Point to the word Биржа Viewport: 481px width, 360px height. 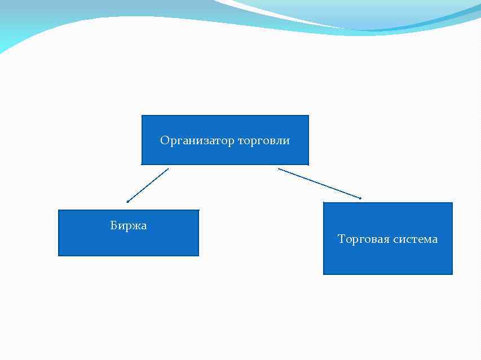(x=129, y=226)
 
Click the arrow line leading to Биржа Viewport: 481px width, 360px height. (x=148, y=185)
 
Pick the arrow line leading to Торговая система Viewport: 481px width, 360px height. (x=320, y=183)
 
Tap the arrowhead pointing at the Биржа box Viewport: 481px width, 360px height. (x=127, y=202)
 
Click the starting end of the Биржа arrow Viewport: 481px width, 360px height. (x=168, y=168)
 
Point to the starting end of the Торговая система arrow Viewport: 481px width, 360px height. (x=279, y=168)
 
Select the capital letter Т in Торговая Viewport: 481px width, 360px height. (x=341, y=239)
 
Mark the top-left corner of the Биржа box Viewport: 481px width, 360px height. (x=59, y=210)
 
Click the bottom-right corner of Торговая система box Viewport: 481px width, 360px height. (x=452, y=274)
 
